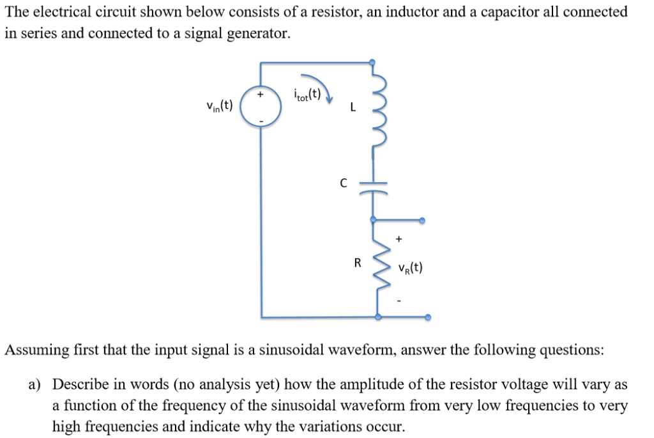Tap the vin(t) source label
pos(219,105)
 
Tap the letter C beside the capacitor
pos(344,184)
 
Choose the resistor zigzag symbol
pos(379,265)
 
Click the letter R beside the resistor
pos(358,262)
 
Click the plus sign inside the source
pos(260,94)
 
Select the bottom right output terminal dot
pos(427,317)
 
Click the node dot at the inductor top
pos(374,63)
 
